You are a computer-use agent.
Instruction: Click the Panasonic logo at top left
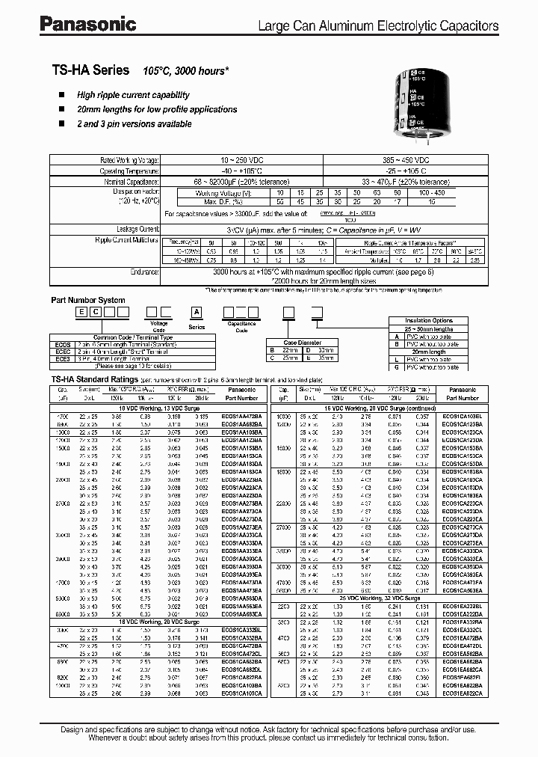88,25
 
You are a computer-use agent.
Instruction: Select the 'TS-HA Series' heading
90,70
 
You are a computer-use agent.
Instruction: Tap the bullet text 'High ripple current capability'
133,95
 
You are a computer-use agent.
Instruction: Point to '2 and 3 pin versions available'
134,124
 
